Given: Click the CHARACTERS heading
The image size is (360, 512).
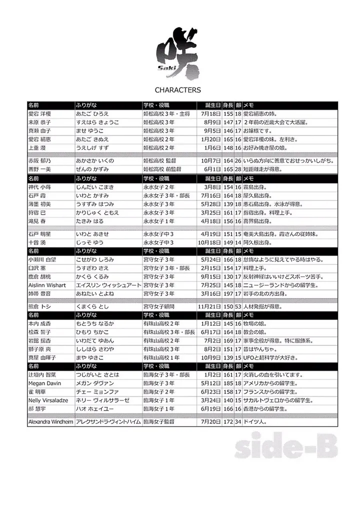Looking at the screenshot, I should [178, 90].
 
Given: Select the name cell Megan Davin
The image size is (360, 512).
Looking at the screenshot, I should [45, 383].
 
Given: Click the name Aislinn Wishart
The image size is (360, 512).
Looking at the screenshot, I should [50, 284].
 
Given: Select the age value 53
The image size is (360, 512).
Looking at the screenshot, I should [238, 306].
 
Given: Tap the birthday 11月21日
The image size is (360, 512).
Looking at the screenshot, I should [209, 306].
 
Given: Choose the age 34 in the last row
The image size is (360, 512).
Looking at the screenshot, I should [238, 422].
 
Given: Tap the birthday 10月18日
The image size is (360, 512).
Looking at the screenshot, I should [210, 242].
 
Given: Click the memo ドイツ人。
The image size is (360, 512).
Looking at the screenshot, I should [255, 422].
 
